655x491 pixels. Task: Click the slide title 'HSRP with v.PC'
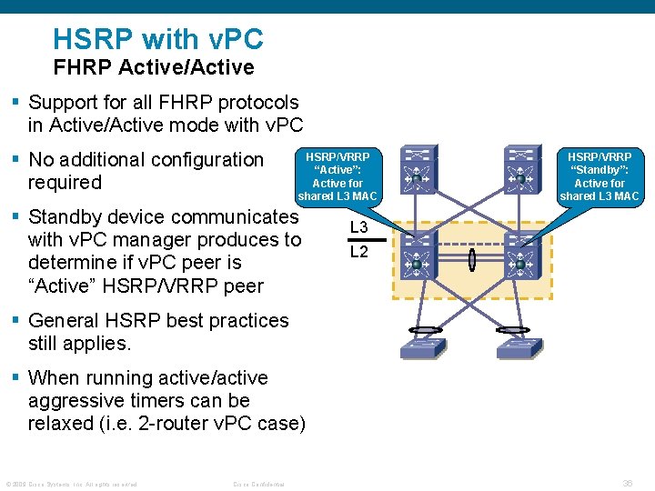(158, 39)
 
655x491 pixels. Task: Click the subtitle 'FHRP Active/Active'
(154, 67)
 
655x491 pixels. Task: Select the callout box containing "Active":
(338, 175)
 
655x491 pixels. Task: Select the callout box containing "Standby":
(599, 175)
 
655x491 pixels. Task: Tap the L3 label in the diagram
(359, 226)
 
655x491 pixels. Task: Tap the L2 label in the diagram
(359, 252)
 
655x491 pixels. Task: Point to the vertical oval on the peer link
(471, 260)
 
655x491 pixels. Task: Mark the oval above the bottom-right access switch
(513, 330)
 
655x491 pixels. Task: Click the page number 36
(627, 483)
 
